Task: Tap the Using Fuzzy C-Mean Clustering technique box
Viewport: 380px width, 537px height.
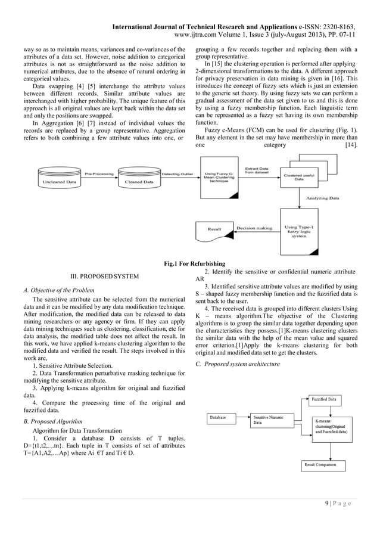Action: [x=218, y=175]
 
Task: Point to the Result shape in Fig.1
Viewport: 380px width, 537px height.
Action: [x=214, y=228]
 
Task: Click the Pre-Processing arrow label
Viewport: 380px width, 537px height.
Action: [x=98, y=174]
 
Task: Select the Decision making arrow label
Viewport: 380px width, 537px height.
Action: [x=254, y=227]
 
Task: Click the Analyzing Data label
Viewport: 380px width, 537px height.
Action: [x=322, y=198]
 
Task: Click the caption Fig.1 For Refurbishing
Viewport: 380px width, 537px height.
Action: [x=190, y=263]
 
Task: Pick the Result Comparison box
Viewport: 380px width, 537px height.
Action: [x=325, y=464]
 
